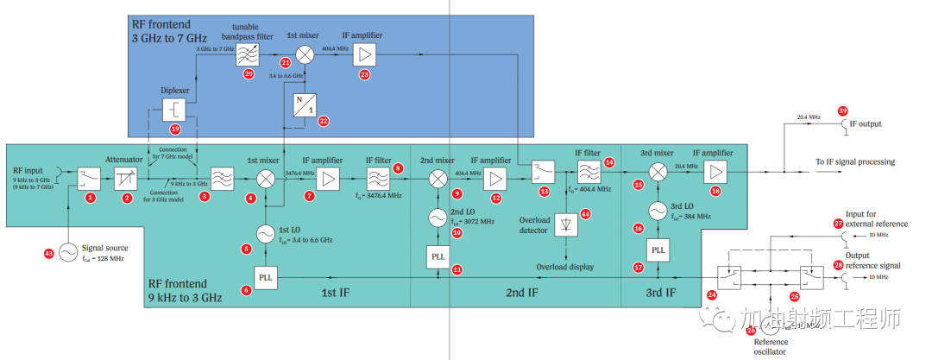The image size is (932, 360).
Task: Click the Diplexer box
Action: tap(175, 111)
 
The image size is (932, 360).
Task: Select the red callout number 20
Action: tap(249, 74)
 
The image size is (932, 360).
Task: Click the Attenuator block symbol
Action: tap(127, 179)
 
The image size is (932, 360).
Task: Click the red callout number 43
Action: tap(48, 253)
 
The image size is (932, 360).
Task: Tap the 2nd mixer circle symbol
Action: tap(438, 179)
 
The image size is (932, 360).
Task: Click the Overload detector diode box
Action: tap(567, 224)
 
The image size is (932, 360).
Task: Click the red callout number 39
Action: tap(843, 111)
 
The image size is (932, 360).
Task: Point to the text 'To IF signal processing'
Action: tap(854, 161)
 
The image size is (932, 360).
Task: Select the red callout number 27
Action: tap(838, 223)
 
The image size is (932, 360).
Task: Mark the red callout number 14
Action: tap(609, 162)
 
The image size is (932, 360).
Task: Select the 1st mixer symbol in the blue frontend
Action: tap(305, 54)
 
